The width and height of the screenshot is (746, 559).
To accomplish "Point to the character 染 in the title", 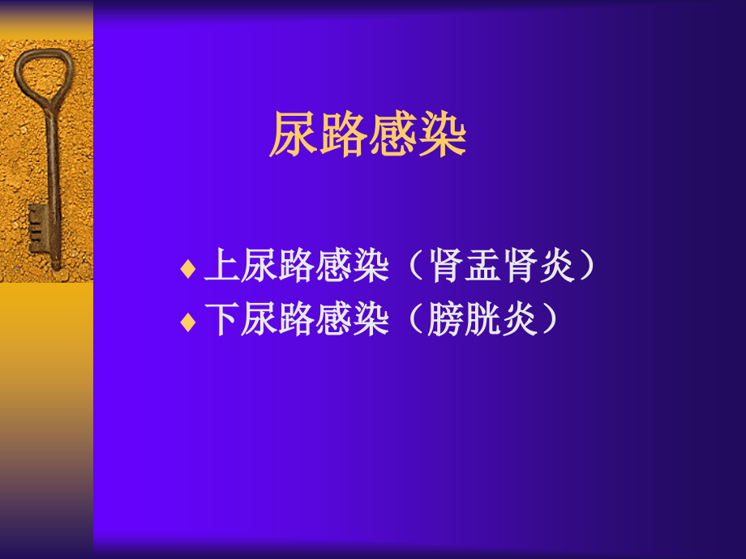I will pos(443,135).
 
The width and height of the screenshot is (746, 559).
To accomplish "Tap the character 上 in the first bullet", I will pos(221,267).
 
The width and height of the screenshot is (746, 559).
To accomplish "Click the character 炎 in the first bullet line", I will pos(558,267).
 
